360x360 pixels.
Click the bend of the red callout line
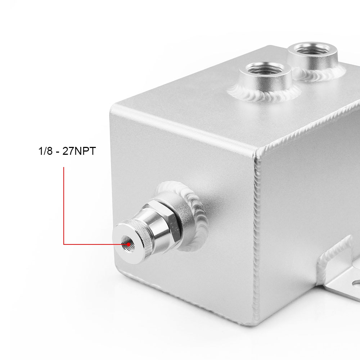tap(64, 244)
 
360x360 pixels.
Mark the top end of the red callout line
tap(64, 167)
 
